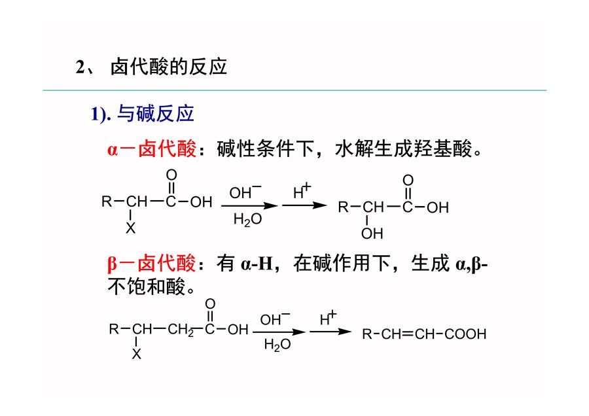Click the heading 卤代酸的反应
pos(169,67)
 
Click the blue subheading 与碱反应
pos(156,113)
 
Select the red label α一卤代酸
pos(152,148)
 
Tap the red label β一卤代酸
pos(151,263)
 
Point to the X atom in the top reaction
pos(130,228)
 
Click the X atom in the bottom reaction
pos(136,354)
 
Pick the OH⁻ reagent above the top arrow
pos(245,192)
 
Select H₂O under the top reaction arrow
pos(247,219)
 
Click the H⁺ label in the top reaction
pos(302,191)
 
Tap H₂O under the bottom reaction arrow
pos(277,345)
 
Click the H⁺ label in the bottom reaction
pos(329,319)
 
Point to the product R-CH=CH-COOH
pos(424,334)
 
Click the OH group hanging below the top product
pos(372,234)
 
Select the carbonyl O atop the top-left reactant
pos(171,175)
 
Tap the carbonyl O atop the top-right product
pos(408,181)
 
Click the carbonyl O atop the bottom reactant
pos(210,303)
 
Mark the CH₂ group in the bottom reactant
pos(181,330)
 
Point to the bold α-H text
pos(257,264)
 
